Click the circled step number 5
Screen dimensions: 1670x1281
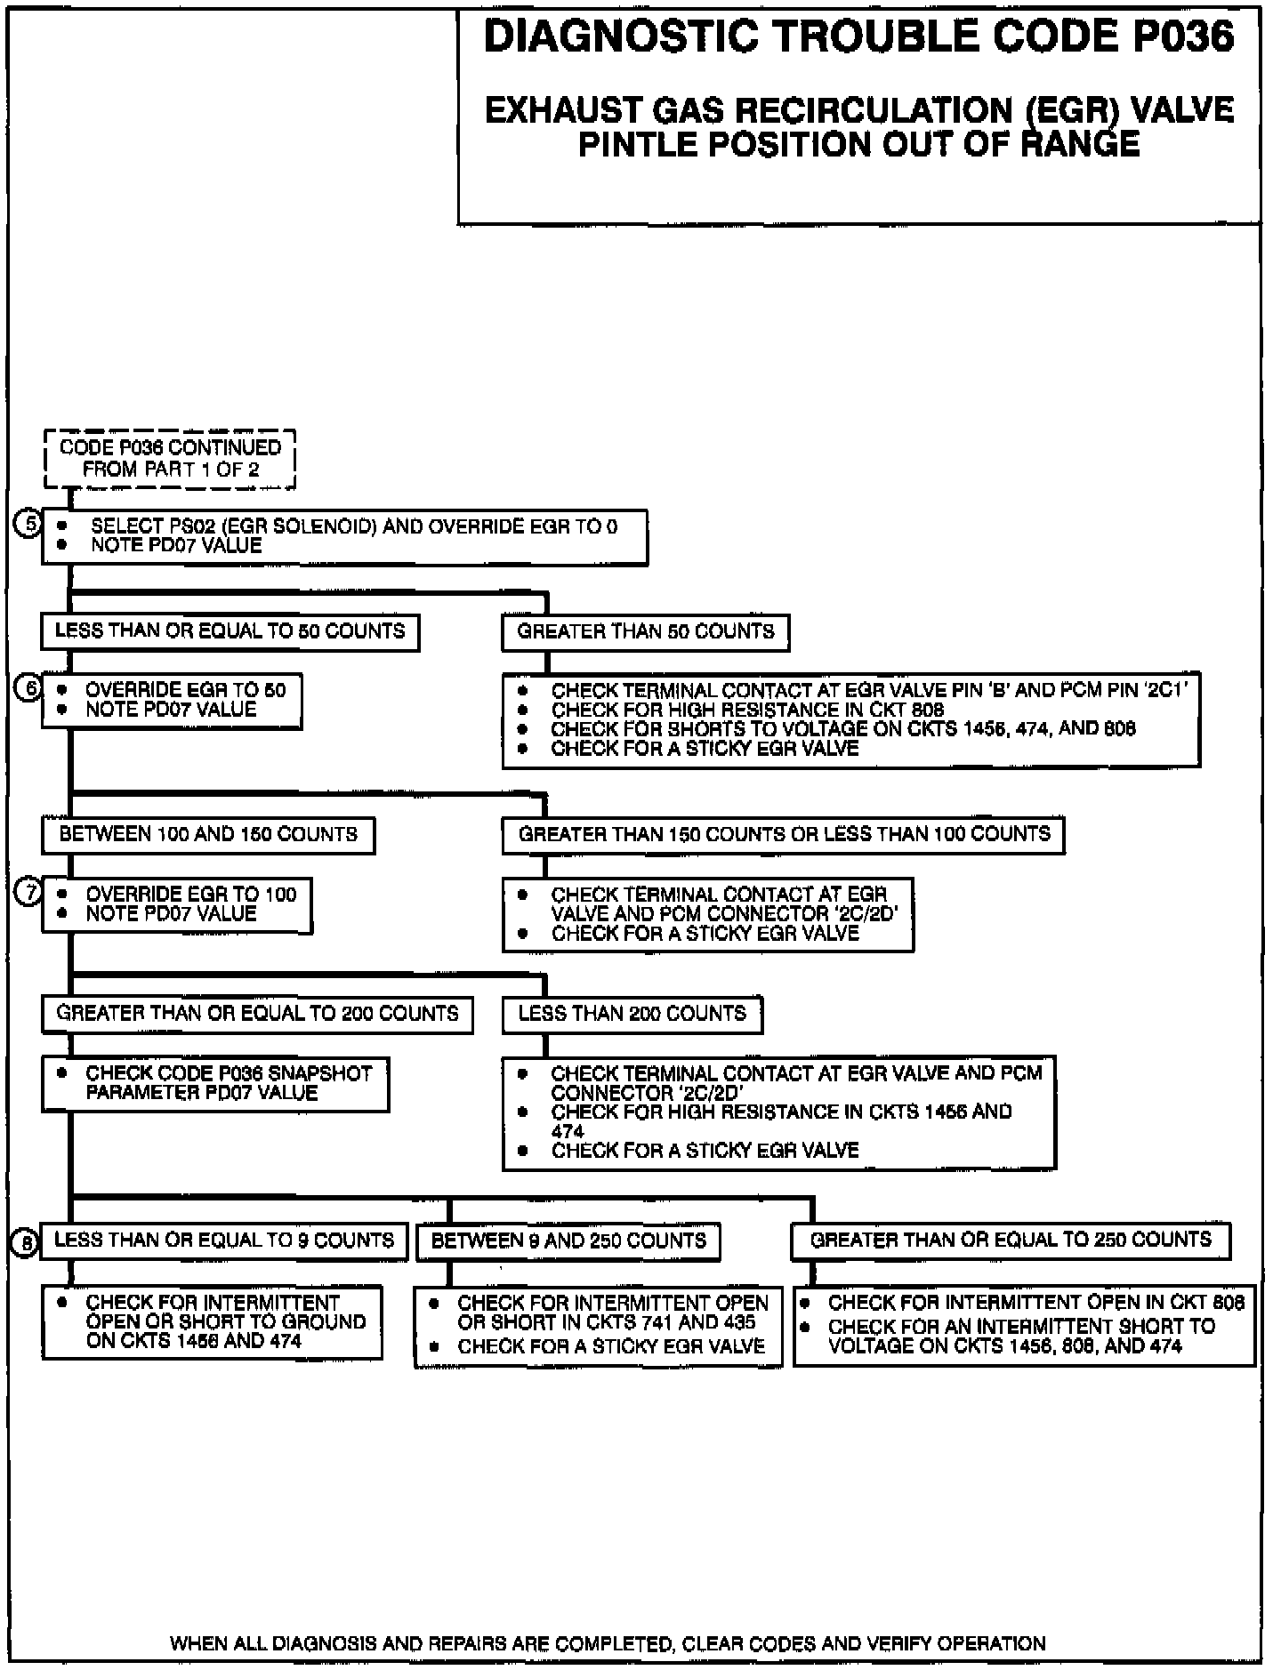29,525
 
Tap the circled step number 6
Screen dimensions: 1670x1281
29,689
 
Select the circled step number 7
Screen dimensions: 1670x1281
29,894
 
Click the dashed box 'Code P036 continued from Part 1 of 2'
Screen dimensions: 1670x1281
170,459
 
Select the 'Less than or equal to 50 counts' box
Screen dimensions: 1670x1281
230,632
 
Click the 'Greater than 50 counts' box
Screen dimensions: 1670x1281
646,632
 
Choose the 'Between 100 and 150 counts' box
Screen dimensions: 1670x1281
208,835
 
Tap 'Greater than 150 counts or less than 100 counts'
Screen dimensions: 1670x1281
784,835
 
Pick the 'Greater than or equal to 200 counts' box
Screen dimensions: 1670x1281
257,1015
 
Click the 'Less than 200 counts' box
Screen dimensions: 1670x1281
632,1015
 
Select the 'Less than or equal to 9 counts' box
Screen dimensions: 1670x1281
225,1240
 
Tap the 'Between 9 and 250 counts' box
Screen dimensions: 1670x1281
568,1241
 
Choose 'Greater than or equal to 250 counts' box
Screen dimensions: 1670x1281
1011,1240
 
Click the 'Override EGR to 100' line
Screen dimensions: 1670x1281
190,894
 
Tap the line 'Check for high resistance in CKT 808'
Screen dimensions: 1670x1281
747,710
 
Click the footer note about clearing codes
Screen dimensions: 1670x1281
608,1643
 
